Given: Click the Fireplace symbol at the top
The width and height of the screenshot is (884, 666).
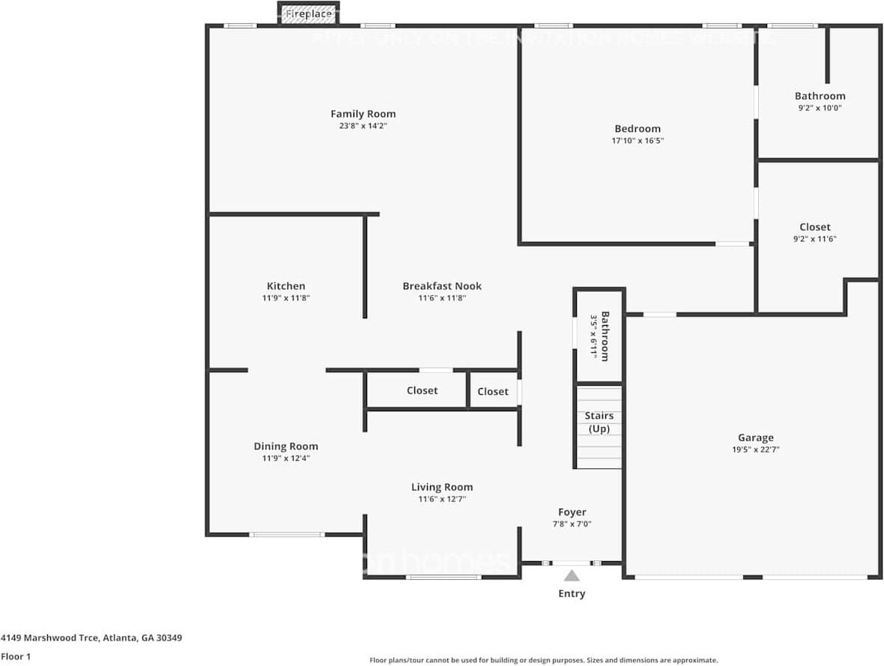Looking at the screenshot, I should [x=309, y=14].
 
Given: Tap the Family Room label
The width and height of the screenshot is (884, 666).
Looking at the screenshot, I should [x=363, y=114].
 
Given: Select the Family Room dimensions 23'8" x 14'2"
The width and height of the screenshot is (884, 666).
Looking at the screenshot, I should [x=363, y=126].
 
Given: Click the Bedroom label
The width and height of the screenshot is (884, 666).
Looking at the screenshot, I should [x=638, y=129].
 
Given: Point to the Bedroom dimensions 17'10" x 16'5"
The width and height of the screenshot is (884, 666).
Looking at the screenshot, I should [x=638, y=140].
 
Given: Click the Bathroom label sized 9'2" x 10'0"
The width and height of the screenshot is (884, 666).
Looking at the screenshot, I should [x=820, y=96].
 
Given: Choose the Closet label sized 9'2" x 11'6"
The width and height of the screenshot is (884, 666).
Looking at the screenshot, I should [x=814, y=227].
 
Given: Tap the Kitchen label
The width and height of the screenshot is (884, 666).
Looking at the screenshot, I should [x=286, y=286].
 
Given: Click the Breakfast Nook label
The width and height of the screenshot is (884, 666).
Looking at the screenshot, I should [x=442, y=286].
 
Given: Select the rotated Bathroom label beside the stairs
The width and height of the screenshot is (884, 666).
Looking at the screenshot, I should [x=605, y=336].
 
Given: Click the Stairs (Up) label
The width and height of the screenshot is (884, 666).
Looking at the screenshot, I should [x=599, y=422].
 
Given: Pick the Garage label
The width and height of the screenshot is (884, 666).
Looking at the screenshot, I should [x=755, y=438].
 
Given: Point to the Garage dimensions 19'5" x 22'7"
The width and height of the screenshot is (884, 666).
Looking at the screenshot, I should [x=755, y=449].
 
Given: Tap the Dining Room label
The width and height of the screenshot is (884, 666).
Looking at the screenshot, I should [x=285, y=446].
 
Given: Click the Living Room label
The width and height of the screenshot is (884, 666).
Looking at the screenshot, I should [x=442, y=487].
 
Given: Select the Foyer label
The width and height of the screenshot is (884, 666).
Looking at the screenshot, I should [x=572, y=512].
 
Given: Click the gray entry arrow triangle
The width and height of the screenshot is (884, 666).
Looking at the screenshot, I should [x=572, y=576].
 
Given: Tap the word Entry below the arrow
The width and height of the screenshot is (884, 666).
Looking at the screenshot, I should [x=572, y=593].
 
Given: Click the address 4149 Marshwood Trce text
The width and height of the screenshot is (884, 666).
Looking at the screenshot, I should [x=91, y=638].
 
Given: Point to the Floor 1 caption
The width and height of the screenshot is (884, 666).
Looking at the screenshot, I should [x=16, y=656].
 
